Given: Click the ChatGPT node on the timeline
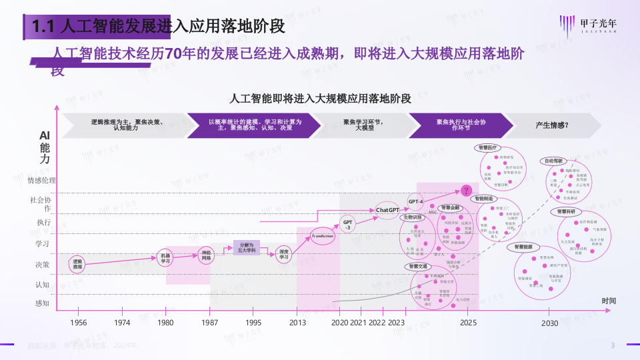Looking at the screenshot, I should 387,210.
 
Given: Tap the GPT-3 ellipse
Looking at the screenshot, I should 347,224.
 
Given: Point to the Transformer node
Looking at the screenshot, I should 323,236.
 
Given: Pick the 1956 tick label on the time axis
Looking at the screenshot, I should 78,323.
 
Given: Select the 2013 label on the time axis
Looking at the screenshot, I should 297,323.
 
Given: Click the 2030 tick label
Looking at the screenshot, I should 549,323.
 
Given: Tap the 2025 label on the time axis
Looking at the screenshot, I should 468,323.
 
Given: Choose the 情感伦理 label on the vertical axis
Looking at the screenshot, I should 41,180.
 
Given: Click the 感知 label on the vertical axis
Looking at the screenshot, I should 43,303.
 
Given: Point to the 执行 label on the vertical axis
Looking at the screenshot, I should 43,222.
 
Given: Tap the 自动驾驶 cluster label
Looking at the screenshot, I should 553,161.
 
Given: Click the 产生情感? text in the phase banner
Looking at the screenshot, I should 552,125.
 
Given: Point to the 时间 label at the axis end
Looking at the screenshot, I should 609,301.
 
